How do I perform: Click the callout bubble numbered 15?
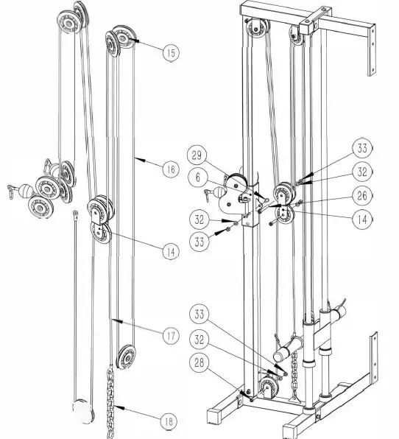tap(169, 52)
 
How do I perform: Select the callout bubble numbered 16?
tap(169, 169)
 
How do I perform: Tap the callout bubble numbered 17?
tap(169, 336)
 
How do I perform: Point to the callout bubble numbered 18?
tap(169, 421)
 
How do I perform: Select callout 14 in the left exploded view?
tap(169, 251)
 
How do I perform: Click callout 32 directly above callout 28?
tap(200, 340)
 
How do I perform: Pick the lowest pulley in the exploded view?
tap(128, 358)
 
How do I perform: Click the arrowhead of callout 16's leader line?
tap(137, 157)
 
